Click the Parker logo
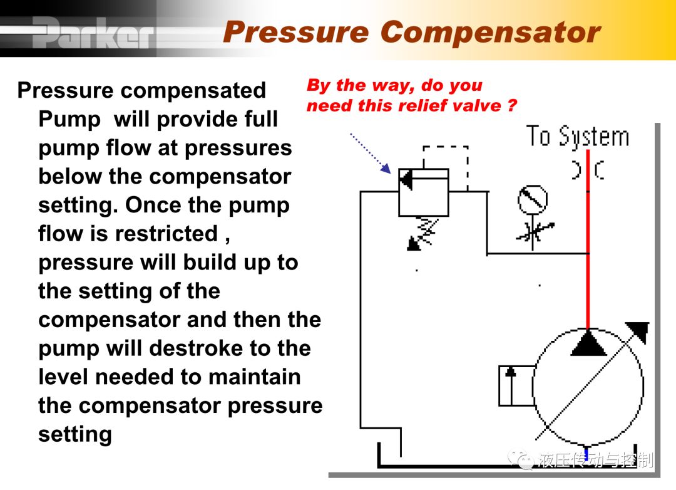(x=93, y=33)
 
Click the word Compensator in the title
(x=490, y=33)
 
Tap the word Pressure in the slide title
(x=295, y=33)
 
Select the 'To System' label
(x=577, y=137)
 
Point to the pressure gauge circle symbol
(x=533, y=199)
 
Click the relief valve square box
(x=423, y=192)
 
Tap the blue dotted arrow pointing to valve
(x=370, y=153)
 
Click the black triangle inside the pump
(x=588, y=343)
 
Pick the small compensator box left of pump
(x=516, y=385)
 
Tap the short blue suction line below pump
(x=586, y=452)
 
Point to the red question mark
(x=512, y=105)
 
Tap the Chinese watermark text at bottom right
(x=596, y=460)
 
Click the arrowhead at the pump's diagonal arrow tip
(x=638, y=331)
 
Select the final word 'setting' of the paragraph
(x=75, y=434)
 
